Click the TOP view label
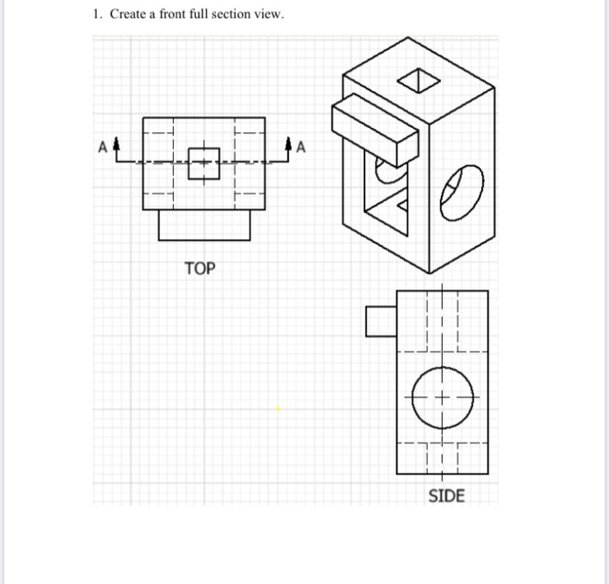[x=199, y=269]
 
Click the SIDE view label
[x=446, y=496]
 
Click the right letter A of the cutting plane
[x=301, y=147]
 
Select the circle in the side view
[x=441, y=399]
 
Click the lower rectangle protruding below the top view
[x=204, y=225]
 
